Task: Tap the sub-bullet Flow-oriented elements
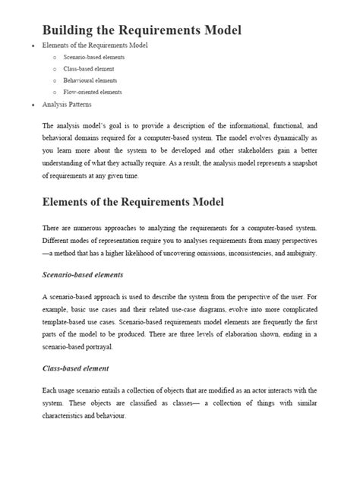pyautogui.click(x=93, y=92)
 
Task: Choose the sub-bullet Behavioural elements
pyautogui.click(x=91, y=80)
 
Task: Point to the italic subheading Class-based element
pyautogui.click(x=76, y=368)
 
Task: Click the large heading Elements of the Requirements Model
pyautogui.click(x=133, y=203)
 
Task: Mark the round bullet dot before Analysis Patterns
pyautogui.click(x=32, y=105)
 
